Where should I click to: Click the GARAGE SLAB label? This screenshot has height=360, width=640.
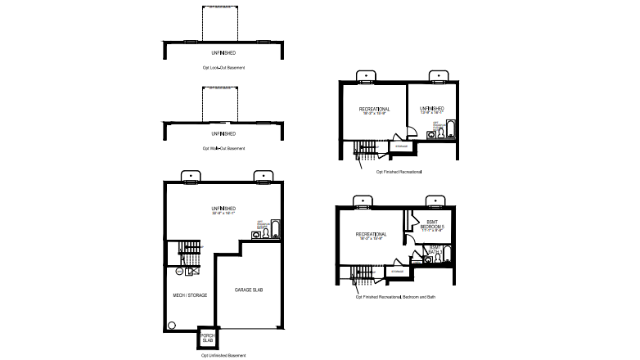[248, 290]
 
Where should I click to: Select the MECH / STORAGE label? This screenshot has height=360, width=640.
[188, 294]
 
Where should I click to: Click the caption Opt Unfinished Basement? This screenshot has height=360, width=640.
[223, 356]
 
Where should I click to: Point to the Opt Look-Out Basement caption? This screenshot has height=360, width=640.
[223, 67]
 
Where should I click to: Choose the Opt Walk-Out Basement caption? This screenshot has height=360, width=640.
[223, 148]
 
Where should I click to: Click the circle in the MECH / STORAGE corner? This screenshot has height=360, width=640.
[173, 325]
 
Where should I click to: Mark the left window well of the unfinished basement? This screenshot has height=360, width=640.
[189, 175]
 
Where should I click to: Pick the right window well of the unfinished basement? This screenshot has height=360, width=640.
[263, 175]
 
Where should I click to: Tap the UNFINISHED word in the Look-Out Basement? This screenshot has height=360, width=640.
[223, 52]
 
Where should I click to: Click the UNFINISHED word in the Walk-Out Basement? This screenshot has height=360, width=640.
[223, 133]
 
